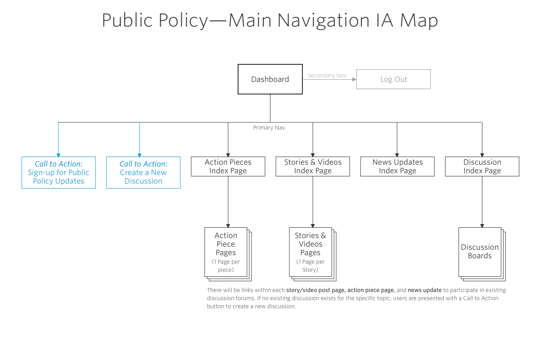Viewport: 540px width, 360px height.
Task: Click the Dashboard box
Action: pyautogui.click(x=270, y=79)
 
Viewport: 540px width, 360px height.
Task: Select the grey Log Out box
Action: pyautogui.click(x=393, y=79)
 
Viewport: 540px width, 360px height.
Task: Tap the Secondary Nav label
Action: pyautogui.click(x=327, y=76)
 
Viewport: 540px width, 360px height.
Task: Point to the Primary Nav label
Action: pyautogui.click(x=269, y=128)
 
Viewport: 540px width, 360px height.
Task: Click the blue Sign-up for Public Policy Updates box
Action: pyautogui.click(x=58, y=172)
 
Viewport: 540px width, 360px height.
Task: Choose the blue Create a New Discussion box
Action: pyautogui.click(x=143, y=172)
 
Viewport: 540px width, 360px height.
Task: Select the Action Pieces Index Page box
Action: pyautogui.click(x=228, y=166)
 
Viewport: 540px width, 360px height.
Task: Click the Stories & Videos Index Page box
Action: pyautogui.click(x=313, y=166)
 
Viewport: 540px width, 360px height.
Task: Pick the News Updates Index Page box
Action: pyautogui.click(x=397, y=166)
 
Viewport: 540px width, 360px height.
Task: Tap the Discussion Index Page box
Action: pyautogui.click(x=482, y=166)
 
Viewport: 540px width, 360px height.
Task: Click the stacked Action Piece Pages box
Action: pyautogui.click(x=226, y=252)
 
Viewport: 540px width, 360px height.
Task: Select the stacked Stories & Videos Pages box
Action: pyautogui.click(x=310, y=252)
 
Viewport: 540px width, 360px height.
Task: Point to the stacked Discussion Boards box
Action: pyautogui.click(x=480, y=252)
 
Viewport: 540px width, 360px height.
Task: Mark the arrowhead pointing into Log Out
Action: pyautogui.click(x=354, y=79)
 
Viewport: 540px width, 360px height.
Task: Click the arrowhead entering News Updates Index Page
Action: pyautogui.click(x=397, y=155)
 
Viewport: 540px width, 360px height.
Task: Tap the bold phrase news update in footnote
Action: pyautogui.click(x=424, y=290)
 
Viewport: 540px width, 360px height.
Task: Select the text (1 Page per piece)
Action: pyautogui.click(x=226, y=266)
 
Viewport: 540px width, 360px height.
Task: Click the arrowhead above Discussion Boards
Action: pyautogui.click(x=482, y=225)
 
